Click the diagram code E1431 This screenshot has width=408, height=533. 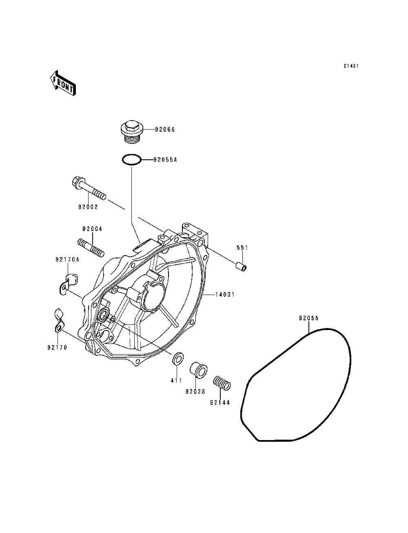(350, 66)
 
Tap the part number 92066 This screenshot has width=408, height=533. (165, 130)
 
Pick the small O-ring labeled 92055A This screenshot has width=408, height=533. (131, 160)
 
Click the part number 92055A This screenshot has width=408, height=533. (165, 160)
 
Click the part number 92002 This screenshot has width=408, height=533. (89, 207)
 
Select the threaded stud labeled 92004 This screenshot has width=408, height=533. (91, 247)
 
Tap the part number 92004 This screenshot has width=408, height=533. (92, 229)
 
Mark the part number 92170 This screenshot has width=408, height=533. (57, 348)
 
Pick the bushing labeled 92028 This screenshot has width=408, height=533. (198, 370)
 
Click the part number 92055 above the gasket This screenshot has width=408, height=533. (308, 318)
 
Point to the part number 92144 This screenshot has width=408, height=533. (220, 403)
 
